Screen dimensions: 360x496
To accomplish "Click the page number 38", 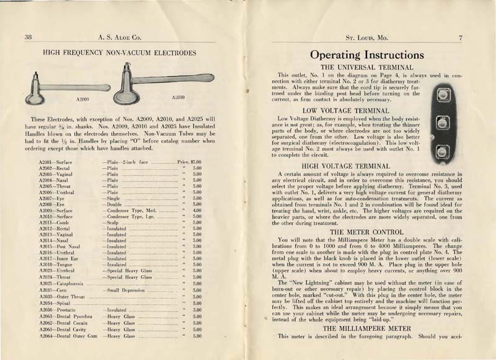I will click(28, 37).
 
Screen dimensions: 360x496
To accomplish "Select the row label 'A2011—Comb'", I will click(53, 222).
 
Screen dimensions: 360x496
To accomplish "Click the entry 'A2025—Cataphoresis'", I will click(61, 283).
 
